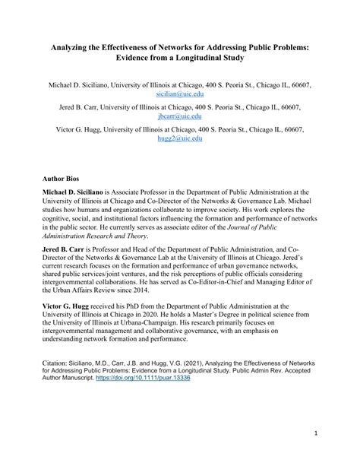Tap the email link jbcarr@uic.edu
coord(179,118)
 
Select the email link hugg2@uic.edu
coord(179,139)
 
